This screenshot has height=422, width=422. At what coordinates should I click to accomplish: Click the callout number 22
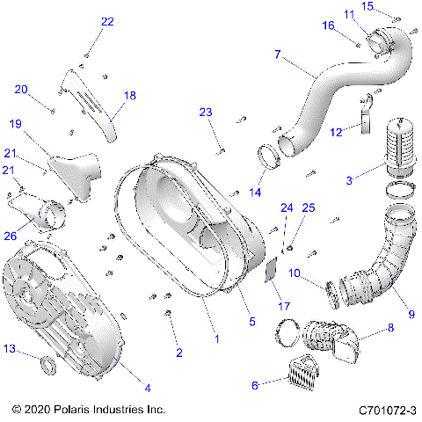tap(106, 21)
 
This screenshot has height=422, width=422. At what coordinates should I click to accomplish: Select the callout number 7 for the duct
tap(278, 55)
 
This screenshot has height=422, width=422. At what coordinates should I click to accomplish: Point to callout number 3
tap(350, 180)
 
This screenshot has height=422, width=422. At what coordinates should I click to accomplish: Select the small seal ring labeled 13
tap(50, 364)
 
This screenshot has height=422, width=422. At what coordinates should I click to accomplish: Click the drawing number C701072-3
tap(387, 411)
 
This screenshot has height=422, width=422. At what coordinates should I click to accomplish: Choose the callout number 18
tap(130, 95)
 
